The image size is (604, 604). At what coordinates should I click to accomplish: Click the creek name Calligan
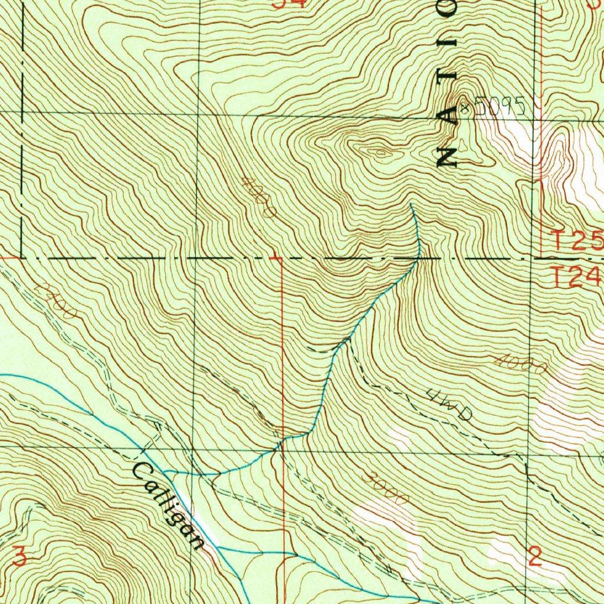168,505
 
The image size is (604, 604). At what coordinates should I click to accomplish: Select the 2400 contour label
55,300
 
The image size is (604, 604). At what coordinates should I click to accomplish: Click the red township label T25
577,241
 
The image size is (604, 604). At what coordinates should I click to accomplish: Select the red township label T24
577,276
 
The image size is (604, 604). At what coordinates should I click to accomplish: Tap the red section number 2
535,556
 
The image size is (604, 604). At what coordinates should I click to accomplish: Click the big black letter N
448,156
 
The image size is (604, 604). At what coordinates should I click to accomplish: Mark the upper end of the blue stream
411,204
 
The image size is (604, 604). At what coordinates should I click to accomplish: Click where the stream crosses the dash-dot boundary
418,258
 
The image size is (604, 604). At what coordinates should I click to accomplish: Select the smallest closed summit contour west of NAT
380,154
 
